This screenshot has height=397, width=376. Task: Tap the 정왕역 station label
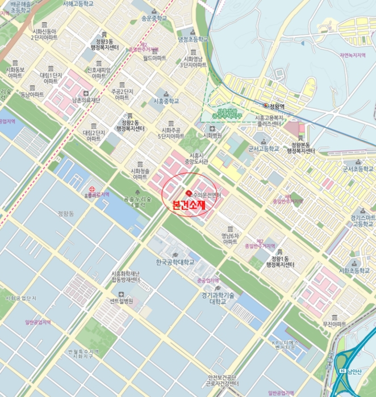coord(277,106)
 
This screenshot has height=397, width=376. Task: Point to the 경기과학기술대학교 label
coord(218,298)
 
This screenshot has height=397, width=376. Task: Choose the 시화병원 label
coord(212,136)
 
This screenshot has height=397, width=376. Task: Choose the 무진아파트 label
coord(334,324)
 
